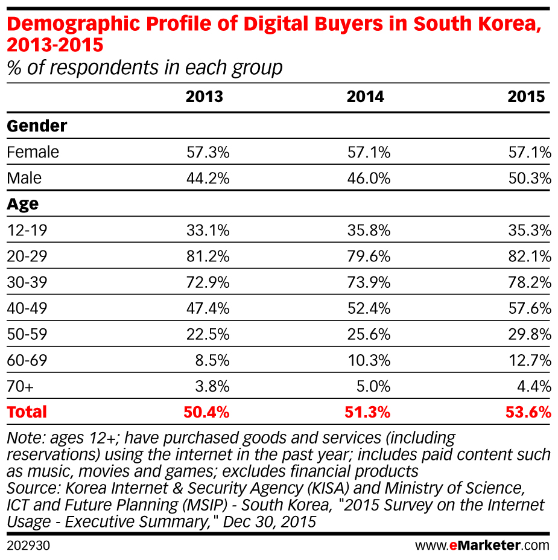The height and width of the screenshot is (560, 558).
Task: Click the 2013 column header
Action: pos(204,97)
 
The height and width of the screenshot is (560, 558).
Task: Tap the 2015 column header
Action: pos(526,97)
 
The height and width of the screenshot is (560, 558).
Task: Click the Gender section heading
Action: pos(37,126)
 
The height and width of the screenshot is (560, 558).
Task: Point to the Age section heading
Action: pos(23,204)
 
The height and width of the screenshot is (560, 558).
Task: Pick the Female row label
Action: pos(33,152)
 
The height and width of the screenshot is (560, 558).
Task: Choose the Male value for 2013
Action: pos(208,179)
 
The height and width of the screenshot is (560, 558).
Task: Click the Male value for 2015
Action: pos(530,179)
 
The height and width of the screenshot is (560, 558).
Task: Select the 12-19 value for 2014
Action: pos(369,231)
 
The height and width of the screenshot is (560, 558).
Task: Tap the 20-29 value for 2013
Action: pos(208,256)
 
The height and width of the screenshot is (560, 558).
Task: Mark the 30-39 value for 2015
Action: pos(530,282)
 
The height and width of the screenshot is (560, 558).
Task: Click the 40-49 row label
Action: pos(27,308)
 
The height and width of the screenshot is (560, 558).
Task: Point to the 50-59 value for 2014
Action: pos(369,334)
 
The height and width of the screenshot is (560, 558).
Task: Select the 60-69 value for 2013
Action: pos(211,360)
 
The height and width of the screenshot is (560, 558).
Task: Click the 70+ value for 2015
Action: pos(533,386)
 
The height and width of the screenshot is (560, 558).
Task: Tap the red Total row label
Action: pos(27,412)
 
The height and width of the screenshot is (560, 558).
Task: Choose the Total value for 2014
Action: pos(369,413)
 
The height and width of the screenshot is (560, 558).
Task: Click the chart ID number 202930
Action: pos(28,546)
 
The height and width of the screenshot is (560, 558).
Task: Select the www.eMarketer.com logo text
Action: pos(482,546)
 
